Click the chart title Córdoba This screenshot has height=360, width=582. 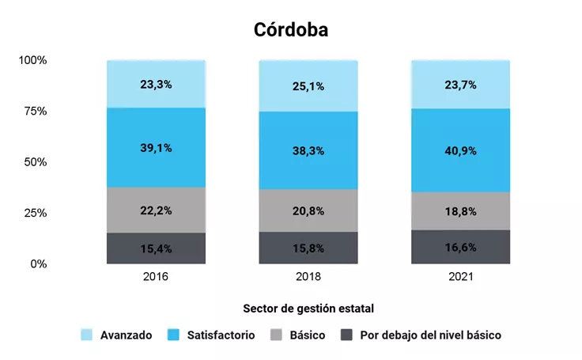[290, 30]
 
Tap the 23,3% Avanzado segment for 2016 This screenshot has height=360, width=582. [157, 84]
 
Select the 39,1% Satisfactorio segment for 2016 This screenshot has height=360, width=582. [157, 148]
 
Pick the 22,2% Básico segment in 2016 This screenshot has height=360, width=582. [157, 210]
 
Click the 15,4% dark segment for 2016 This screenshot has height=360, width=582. [157, 248]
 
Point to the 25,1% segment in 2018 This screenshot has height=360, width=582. [308, 85]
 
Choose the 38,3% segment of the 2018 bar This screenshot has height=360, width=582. [308, 150]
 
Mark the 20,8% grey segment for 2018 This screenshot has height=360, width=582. [308, 210]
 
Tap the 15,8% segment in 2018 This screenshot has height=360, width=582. [308, 248]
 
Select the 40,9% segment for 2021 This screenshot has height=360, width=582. [460, 150]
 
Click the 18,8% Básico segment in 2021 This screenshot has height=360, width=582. [460, 211]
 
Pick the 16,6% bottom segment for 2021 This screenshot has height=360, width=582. [460, 247]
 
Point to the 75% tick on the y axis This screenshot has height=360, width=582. [35, 112]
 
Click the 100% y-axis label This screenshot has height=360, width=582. [33, 61]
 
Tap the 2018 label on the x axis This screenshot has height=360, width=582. [308, 278]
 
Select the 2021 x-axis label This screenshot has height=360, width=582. [460, 278]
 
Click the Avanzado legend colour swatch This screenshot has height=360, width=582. [87, 335]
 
